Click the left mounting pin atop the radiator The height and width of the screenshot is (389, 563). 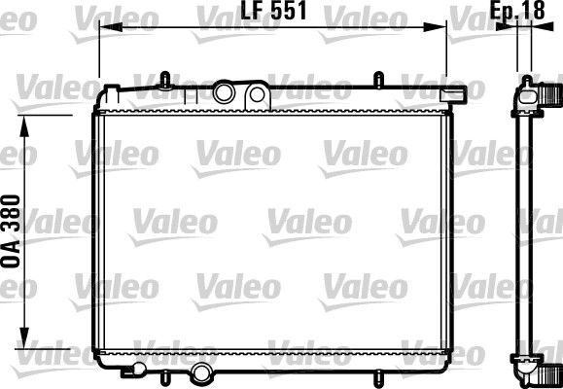click(x=166, y=77)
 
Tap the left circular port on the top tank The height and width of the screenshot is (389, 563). click(x=225, y=93)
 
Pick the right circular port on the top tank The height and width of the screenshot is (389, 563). click(x=257, y=93)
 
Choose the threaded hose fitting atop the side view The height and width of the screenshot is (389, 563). click(x=550, y=94)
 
